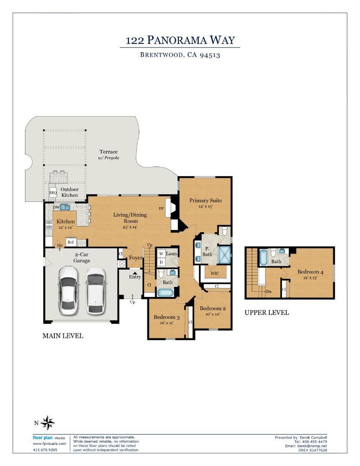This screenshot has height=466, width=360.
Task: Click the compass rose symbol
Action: click(x=47, y=423)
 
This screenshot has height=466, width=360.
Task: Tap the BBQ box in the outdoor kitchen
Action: click(x=53, y=192)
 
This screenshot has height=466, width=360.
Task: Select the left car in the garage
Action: click(x=68, y=290)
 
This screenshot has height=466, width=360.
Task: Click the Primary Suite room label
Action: click(x=206, y=200)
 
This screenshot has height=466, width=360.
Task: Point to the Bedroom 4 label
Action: click(x=310, y=272)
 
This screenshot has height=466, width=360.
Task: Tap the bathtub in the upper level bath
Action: click(x=263, y=257)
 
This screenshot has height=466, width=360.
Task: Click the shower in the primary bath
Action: click(x=225, y=255)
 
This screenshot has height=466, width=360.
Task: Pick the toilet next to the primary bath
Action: click(x=225, y=231)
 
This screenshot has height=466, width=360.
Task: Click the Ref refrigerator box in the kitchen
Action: click(x=71, y=242)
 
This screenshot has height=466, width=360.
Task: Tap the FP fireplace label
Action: click(x=161, y=208)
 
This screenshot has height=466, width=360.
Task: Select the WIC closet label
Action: click(x=214, y=273)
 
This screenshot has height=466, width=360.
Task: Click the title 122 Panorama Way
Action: click(x=180, y=40)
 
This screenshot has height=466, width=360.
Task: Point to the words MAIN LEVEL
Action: click(x=63, y=336)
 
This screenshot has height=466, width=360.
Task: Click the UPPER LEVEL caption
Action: click(x=266, y=312)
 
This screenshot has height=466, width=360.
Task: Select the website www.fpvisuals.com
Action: click(x=49, y=444)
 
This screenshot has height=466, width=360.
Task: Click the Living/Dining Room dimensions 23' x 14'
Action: click(x=130, y=227)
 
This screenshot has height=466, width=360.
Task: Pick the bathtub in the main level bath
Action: click(x=165, y=293)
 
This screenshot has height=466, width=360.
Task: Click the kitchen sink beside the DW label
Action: click(x=66, y=207)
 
